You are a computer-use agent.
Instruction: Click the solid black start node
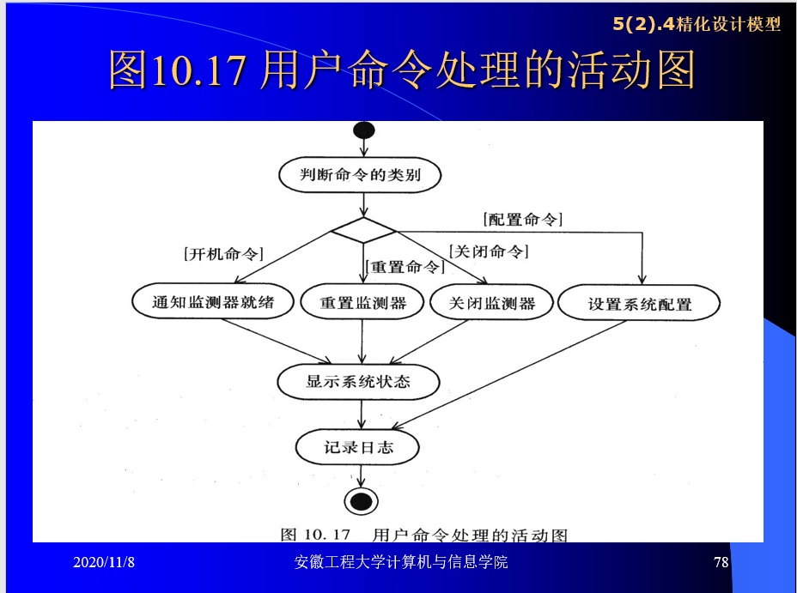363,130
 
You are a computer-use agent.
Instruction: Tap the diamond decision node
363,230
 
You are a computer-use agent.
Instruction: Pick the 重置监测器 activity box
362,303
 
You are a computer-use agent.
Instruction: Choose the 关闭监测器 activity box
492,303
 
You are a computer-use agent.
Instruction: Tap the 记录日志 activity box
358,447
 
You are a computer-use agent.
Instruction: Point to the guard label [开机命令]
223,253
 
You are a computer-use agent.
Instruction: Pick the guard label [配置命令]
523,219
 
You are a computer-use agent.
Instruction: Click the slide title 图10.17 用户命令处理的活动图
401,71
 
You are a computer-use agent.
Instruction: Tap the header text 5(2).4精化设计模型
696,24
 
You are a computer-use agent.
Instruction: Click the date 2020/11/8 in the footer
104,562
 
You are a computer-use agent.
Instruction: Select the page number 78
721,562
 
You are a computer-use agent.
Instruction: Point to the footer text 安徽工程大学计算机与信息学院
400,562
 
